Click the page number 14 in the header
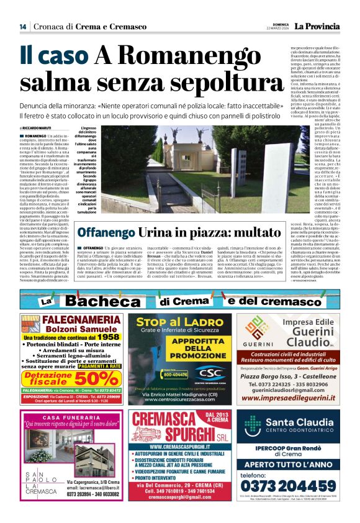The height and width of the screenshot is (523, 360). [x=23, y=27]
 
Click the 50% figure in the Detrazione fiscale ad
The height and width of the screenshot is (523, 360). [x=101, y=378]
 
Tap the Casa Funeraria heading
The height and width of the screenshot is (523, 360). [x=71, y=416]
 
